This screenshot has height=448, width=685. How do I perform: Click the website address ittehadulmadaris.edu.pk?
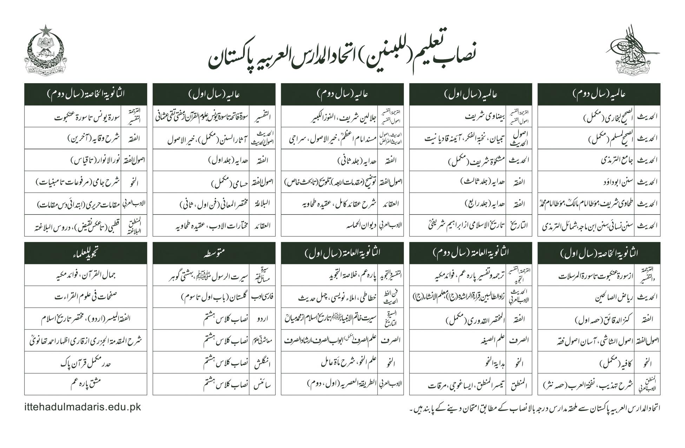pyautogui.click(x=83, y=407)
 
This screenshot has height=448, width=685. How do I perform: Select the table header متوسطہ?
pyautogui.click(x=214, y=253)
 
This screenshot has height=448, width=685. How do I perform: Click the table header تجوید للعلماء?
pyautogui.click(x=86, y=253)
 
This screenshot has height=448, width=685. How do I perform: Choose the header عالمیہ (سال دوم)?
pyautogui.click(x=599, y=94)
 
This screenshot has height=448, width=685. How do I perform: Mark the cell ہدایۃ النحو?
pyautogui.click(x=492, y=362)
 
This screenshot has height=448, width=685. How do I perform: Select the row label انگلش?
pyautogui.click(x=262, y=362)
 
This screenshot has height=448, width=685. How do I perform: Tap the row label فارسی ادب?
pyautogui.click(x=262, y=297)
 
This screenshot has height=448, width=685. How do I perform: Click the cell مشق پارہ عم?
pyautogui.click(x=86, y=384)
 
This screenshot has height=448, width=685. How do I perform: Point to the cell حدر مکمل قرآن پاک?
pyautogui.click(x=86, y=362)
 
